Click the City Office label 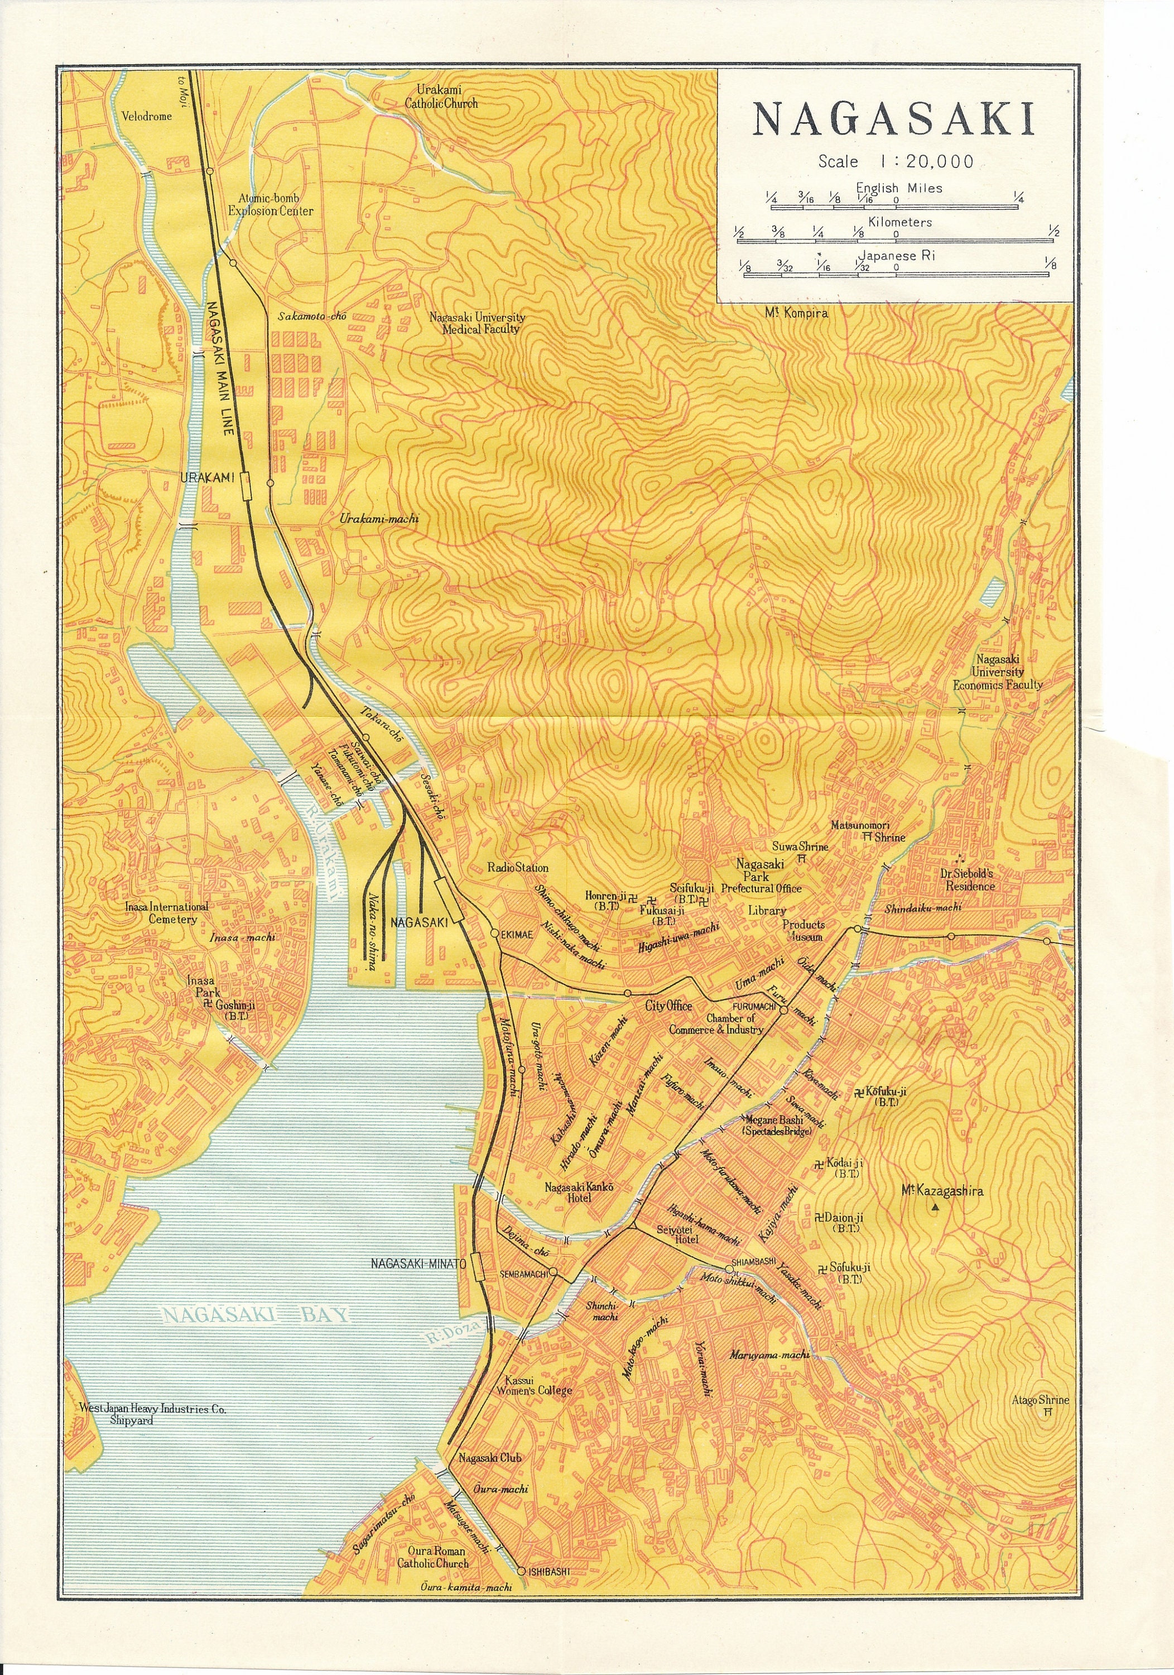click(x=668, y=1006)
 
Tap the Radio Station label click(x=518, y=868)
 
